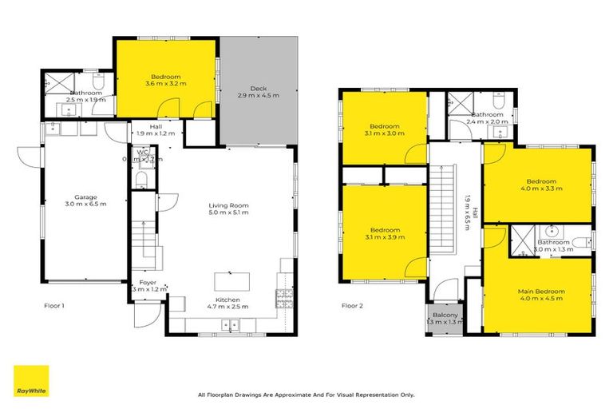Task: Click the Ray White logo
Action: click(x=31, y=381)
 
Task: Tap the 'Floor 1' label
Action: click(x=53, y=305)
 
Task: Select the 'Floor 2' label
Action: click(x=352, y=305)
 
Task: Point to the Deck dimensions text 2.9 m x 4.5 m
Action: click(x=257, y=95)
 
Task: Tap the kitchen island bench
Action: click(x=232, y=282)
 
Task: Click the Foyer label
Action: click(x=148, y=282)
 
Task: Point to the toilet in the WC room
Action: click(x=141, y=177)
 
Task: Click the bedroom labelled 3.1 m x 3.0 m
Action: click(x=384, y=130)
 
